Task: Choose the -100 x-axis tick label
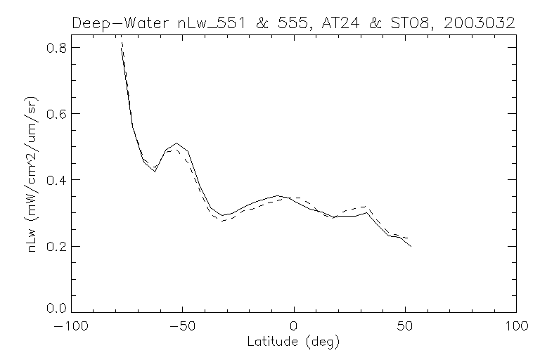click(x=70, y=327)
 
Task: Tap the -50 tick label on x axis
click(x=181, y=327)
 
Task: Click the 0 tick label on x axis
click(x=294, y=327)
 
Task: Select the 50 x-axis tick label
click(x=405, y=327)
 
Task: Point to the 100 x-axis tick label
click(x=516, y=327)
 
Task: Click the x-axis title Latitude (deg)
click(x=294, y=342)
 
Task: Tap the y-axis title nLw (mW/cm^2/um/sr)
click(x=34, y=179)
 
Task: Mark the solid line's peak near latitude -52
click(x=177, y=143)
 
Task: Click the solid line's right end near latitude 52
click(x=411, y=246)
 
